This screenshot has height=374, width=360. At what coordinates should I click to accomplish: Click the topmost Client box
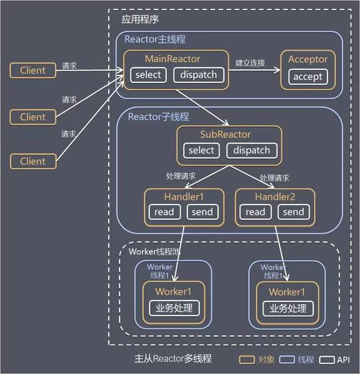(x=32, y=71)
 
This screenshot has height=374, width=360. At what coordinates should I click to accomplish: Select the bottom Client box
(x=32, y=161)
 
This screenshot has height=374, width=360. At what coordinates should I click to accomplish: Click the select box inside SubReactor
(x=201, y=150)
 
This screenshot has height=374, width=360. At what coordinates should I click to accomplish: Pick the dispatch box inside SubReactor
(x=251, y=150)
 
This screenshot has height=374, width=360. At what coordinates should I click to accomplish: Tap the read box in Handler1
(x=163, y=212)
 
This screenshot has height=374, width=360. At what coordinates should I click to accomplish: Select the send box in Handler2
(x=293, y=212)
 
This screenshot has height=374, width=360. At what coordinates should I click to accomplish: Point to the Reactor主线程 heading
(x=156, y=40)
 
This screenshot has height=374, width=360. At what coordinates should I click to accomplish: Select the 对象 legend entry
(x=255, y=359)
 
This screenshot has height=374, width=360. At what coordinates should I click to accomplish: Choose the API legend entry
(x=336, y=359)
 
